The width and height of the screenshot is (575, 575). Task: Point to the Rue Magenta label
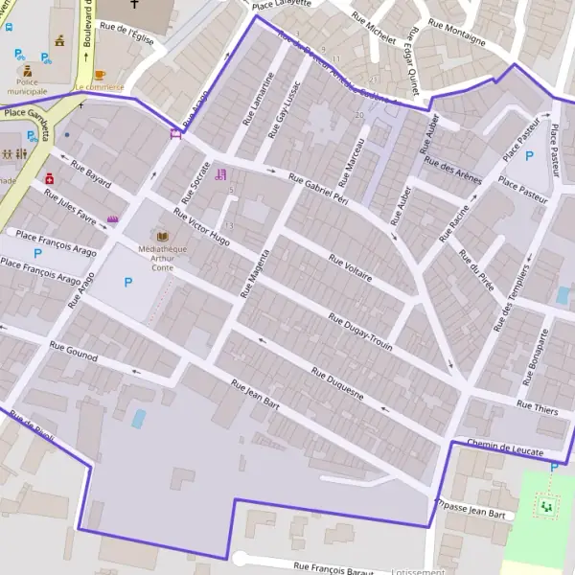click(256, 273)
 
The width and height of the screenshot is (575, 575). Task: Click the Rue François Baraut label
click(333, 567)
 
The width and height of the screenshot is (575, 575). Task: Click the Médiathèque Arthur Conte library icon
click(162, 236)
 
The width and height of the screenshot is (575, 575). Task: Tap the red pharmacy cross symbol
click(49, 178)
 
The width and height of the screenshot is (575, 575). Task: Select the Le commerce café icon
click(100, 75)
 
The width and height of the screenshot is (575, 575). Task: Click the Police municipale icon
click(28, 71)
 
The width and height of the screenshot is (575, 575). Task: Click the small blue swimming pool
click(139, 419)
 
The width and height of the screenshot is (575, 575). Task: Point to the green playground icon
click(547, 505)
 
